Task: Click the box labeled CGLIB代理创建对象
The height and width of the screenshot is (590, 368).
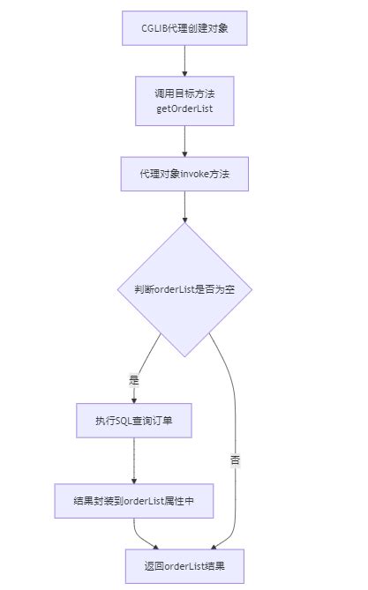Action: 184,28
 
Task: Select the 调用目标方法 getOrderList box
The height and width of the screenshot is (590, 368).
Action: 184,101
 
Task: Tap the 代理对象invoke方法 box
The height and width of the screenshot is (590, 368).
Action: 184,174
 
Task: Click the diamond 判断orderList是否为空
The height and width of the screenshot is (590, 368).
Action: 184,289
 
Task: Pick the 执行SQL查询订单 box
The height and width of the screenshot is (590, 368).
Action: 134,422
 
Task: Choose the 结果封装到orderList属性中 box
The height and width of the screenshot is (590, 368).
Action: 134,500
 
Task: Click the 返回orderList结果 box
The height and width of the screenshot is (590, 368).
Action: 184,565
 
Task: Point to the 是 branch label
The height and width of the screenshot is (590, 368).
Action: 134,380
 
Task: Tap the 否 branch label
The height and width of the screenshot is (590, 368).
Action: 235,459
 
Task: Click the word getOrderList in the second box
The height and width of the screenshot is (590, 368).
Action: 184,108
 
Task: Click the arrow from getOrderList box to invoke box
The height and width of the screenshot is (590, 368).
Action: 184,140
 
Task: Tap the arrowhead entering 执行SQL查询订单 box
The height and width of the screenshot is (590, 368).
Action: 134,400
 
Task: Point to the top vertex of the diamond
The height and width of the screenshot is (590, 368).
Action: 184,223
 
